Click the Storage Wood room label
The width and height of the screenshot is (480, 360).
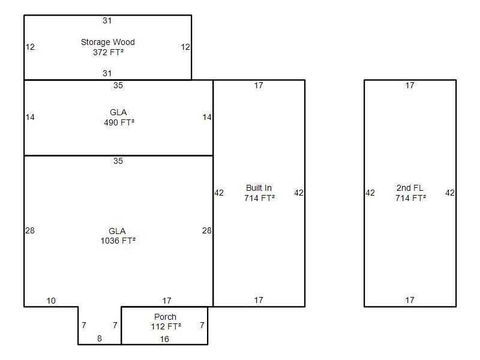pos(108,42)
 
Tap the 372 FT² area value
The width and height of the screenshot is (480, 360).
pos(108,52)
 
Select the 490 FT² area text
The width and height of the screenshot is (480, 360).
pos(119,122)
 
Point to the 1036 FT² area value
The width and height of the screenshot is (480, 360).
pos(118,241)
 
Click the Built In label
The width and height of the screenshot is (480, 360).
pos(259,188)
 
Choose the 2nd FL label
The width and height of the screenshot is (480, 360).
pos(410,188)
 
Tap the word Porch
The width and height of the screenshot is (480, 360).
pos(166,317)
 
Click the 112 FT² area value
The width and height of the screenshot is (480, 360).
pos(166,326)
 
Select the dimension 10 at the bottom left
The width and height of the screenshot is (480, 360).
pos(51,301)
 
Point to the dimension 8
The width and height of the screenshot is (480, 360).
pos(100,338)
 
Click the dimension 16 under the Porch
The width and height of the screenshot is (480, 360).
pos(164,339)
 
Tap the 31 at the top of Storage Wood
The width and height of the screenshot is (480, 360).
pos(107,21)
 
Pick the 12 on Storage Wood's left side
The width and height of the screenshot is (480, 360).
pos(30,47)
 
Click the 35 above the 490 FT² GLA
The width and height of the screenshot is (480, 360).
pos(118,85)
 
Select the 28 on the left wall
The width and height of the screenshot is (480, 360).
pos(30,230)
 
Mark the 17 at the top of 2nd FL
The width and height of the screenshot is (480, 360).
pos(410,85)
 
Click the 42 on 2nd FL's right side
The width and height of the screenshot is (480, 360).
pos(450,193)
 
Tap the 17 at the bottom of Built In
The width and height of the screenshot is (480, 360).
pos(259,301)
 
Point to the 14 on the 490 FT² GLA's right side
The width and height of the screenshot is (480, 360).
pos(207,117)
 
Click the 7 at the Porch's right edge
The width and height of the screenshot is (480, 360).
pos(202,325)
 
